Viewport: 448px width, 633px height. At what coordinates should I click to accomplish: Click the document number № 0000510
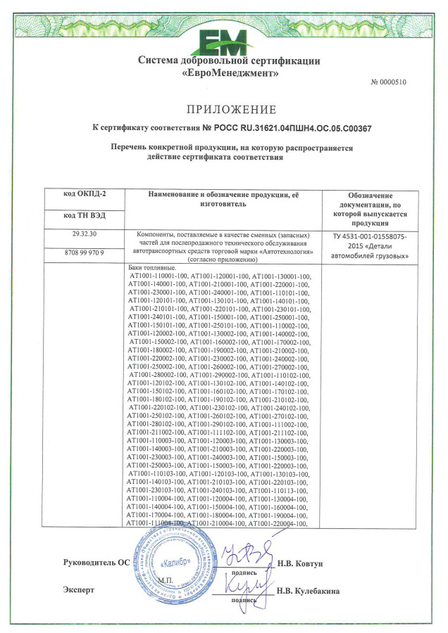[x=388, y=82]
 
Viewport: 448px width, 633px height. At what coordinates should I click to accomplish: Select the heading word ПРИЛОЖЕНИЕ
[x=231, y=109]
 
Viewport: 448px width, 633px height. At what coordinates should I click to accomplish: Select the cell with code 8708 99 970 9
[x=84, y=252]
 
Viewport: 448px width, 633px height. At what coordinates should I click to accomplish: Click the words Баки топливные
[x=152, y=269]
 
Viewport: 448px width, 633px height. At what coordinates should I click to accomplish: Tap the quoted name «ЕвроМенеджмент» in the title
[x=230, y=73]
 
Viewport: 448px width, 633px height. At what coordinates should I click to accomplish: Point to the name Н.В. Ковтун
[x=300, y=564]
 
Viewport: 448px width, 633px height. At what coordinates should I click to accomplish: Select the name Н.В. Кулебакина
[x=308, y=592]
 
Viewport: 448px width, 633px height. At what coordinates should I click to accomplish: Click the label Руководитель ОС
[x=96, y=564]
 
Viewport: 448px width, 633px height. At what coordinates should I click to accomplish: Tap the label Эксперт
[x=78, y=590]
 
